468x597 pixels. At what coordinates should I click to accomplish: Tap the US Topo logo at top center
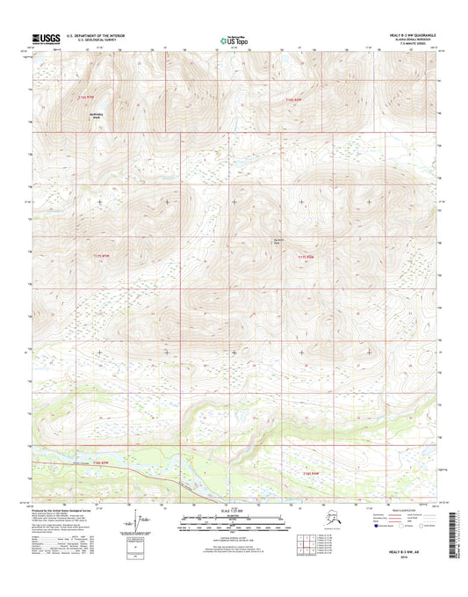coord(234,40)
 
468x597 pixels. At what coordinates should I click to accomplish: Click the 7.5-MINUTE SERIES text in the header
coord(411,45)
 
